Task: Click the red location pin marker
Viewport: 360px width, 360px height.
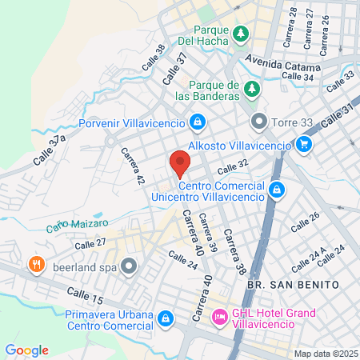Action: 180,165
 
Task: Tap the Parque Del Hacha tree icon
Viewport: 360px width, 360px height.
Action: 241,34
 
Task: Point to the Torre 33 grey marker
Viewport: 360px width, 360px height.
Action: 258,122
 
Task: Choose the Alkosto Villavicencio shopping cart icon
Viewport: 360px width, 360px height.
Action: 303,145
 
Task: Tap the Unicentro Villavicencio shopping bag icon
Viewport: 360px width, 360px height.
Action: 276,190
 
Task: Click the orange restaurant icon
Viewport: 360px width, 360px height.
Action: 36,264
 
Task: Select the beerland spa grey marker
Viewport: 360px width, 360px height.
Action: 128,265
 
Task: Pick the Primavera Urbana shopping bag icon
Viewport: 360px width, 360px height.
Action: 165,318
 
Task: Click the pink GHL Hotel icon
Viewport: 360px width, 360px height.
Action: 218,318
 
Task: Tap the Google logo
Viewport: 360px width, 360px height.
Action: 27,350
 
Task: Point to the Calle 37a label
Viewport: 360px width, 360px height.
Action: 50,150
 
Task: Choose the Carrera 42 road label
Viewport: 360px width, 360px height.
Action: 133,166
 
